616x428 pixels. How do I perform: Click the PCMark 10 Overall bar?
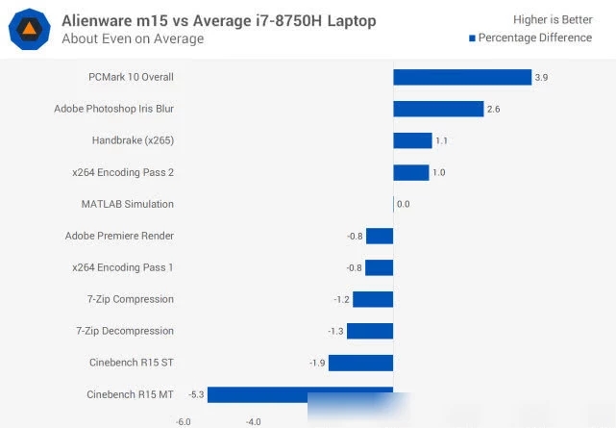click(462, 77)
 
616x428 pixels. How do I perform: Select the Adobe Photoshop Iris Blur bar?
click(438, 109)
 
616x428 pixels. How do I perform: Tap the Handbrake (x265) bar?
click(412, 140)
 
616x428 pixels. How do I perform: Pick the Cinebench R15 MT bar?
click(300, 394)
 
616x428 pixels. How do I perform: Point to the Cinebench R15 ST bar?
click(361, 363)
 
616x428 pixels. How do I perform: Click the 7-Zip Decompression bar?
click(370, 331)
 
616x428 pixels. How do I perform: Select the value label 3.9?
click(543, 78)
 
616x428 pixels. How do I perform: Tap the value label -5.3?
click(195, 394)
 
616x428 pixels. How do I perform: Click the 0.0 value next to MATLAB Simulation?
click(404, 204)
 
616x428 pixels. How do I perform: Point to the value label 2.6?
click(494, 110)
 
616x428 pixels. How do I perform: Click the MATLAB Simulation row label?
click(128, 204)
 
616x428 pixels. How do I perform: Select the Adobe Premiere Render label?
click(119, 236)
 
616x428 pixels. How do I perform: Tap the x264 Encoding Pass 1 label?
click(123, 267)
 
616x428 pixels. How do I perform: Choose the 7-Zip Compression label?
click(131, 299)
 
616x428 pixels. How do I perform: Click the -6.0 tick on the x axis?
click(184, 421)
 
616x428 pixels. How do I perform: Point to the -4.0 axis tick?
click(253, 421)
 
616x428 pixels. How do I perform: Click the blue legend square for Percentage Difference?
click(472, 38)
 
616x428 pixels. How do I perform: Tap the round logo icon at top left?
click(30, 30)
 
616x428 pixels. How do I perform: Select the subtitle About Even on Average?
click(133, 39)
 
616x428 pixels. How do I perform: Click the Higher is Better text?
click(553, 18)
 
